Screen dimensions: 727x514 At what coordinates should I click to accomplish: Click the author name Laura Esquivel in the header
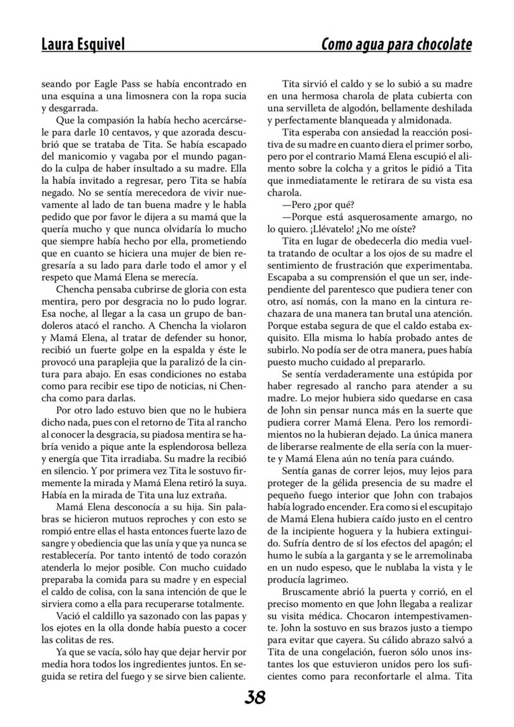[83, 44]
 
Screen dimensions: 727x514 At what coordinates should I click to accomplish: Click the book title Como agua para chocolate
[396, 44]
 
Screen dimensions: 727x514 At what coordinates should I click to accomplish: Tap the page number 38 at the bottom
[255, 697]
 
